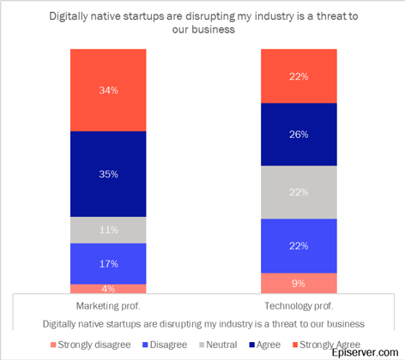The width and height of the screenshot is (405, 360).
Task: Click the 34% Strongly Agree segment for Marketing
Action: [108, 89]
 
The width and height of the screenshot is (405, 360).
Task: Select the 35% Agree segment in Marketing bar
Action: [108, 174]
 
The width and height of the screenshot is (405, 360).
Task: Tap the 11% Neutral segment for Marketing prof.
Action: [108, 230]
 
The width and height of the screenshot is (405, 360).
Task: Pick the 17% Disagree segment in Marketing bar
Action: [108, 263]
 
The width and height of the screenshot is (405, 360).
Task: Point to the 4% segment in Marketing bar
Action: [108, 289]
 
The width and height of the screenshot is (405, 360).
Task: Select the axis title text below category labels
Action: [202, 323]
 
